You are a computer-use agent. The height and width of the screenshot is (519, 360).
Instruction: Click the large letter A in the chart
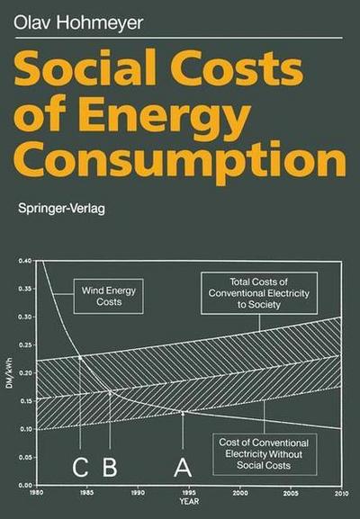tap(183, 469)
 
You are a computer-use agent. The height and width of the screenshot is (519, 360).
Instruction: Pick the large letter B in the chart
tap(111, 469)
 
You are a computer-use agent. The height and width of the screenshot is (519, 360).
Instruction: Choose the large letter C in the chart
tap(80, 469)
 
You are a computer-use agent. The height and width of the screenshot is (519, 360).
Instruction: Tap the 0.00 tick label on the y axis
tap(24, 486)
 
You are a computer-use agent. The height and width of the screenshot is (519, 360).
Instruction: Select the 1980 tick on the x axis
tap(35, 494)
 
